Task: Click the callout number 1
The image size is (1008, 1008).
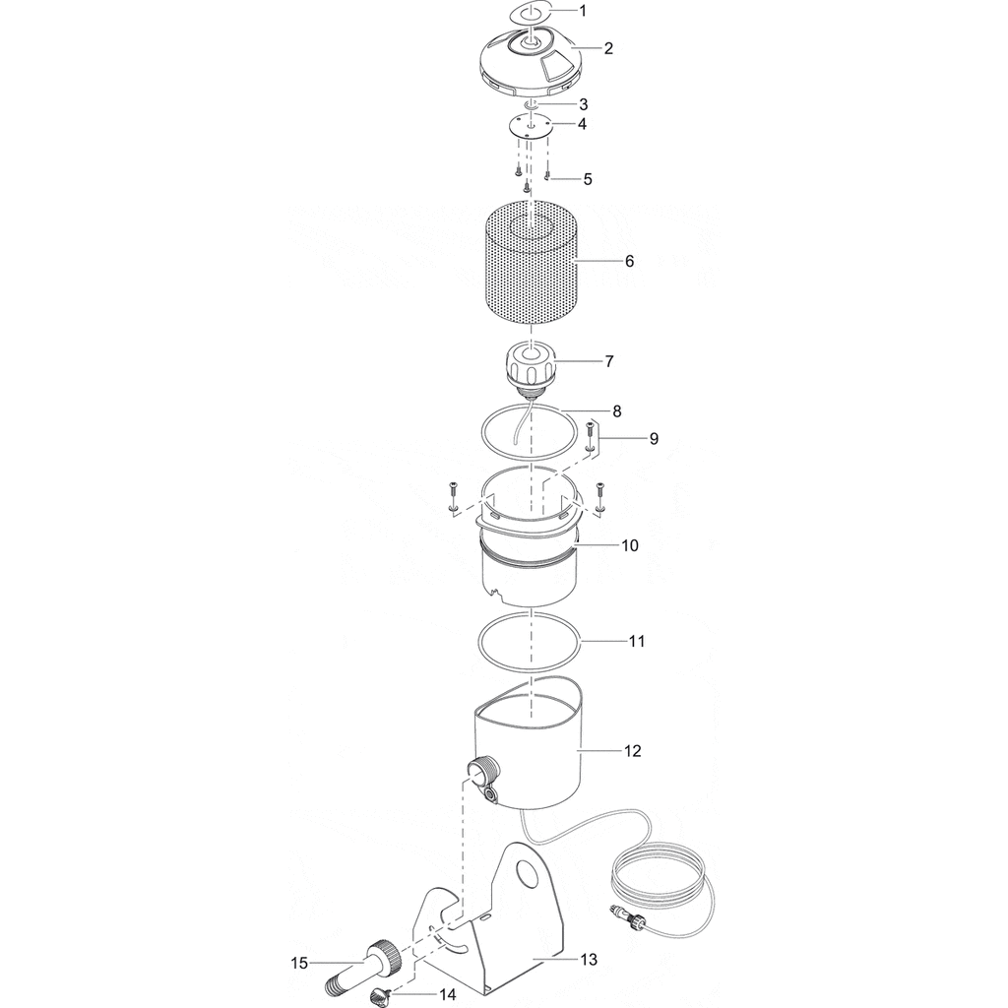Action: coord(583,10)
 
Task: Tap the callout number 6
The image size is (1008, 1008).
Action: coord(629,261)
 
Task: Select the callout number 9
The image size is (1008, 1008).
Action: coord(654,438)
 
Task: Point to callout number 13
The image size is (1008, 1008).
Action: coord(589,960)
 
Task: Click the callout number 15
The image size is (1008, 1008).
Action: coord(299,963)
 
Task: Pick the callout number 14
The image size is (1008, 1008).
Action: coord(448,994)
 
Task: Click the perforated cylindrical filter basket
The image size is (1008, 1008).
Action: coord(531,268)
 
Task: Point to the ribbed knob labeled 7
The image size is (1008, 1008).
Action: coord(531,366)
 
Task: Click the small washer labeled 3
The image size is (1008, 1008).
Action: coord(531,103)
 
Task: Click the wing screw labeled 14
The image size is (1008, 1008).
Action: coord(379,997)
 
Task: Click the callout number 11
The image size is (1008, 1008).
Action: coord(637,641)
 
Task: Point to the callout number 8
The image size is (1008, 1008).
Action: coord(617,411)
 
